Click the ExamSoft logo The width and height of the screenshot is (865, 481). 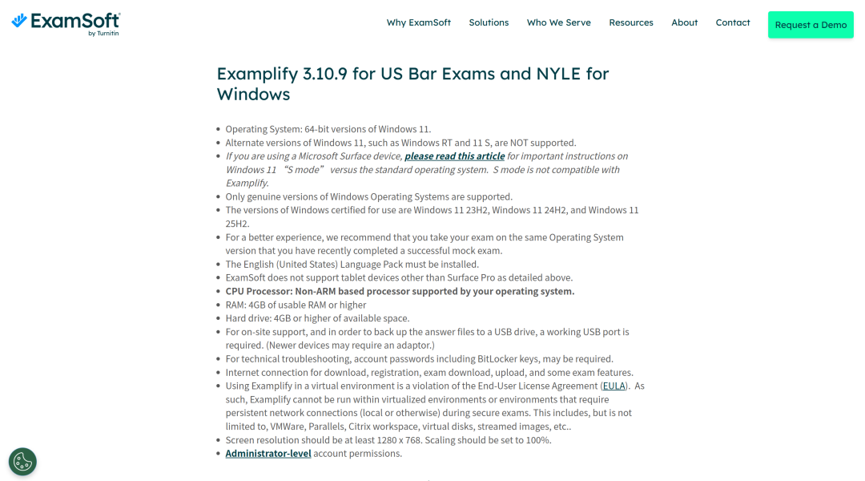coord(66,23)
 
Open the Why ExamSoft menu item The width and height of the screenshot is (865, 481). coord(418,22)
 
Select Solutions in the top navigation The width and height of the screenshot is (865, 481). coord(489,22)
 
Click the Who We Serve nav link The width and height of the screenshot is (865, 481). coord(558,22)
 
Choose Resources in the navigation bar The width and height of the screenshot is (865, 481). coord(630,22)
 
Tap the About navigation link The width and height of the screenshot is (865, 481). coord(684,22)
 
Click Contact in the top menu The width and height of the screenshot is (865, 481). coord(732,22)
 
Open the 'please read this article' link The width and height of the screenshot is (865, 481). coord(454,156)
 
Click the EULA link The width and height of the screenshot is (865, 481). coord(614,386)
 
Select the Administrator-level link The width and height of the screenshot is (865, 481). coord(268,454)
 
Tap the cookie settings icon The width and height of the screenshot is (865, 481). coord(22,462)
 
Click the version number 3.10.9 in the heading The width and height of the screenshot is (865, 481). coord(325,74)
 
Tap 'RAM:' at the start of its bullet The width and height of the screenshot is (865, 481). coord(237,305)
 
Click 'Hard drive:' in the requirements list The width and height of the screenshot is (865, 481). coord(248,318)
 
